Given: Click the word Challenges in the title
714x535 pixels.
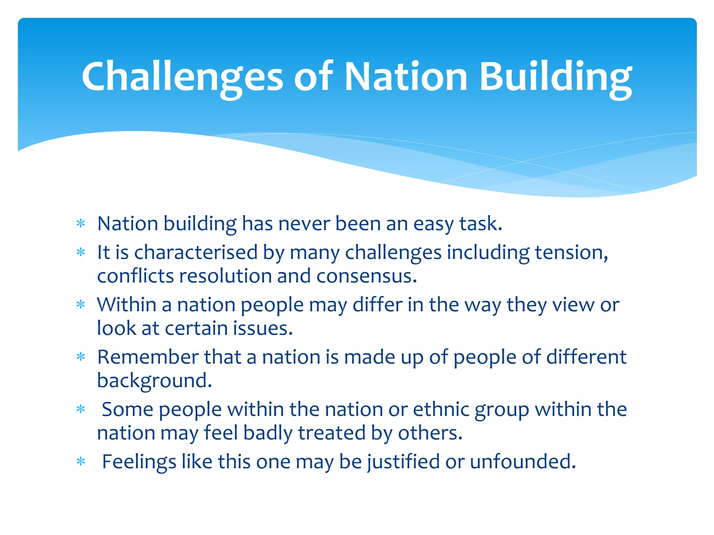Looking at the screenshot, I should (x=182, y=76).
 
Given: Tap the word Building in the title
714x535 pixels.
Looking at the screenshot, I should (x=555, y=76).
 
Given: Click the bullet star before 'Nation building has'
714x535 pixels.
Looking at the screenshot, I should (x=81, y=223).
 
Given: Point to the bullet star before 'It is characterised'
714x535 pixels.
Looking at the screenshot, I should (x=81, y=252).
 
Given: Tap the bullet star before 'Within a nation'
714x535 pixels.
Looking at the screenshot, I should (x=81, y=305).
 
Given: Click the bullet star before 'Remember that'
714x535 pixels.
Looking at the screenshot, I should (x=81, y=357).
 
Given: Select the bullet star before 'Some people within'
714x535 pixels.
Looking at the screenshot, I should (x=81, y=409).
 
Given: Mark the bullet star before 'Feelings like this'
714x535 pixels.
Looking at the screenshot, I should (x=81, y=462).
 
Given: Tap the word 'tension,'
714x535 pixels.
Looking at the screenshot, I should (x=571, y=252).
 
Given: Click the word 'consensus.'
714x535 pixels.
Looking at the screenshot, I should (x=367, y=276).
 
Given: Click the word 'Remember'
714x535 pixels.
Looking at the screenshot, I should (x=148, y=357).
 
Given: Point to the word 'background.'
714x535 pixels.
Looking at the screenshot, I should (x=154, y=381).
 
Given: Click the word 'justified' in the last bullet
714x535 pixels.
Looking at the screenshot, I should (x=403, y=462).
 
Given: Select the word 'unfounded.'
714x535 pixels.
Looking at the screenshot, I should (x=523, y=462).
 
